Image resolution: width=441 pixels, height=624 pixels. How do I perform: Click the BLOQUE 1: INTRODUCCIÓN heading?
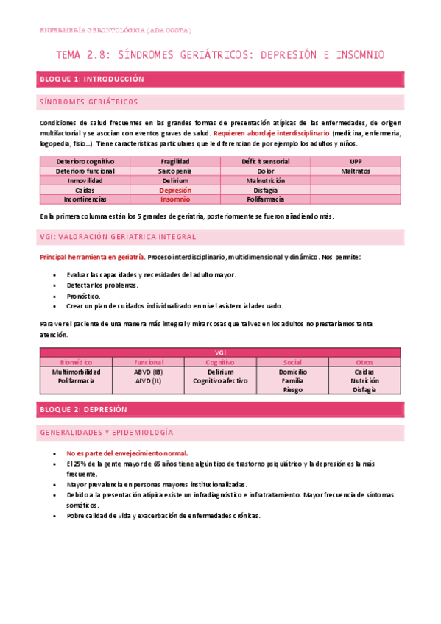coord(91,79)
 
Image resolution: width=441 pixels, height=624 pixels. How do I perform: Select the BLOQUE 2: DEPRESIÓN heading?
coord(82,409)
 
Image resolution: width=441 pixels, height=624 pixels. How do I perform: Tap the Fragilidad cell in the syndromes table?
coord(175,161)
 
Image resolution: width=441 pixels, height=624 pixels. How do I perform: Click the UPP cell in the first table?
coord(356,161)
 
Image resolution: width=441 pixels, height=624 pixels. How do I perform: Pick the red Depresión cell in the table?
coord(175,190)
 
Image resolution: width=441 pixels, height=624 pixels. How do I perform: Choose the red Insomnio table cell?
coord(175,199)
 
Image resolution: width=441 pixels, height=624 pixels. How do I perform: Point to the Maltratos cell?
coord(356,171)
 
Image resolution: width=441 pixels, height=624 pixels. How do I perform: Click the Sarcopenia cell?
coord(175,171)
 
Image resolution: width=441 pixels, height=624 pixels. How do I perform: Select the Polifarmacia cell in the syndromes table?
coord(266,199)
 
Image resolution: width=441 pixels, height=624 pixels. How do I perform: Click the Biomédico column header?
coord(75,362)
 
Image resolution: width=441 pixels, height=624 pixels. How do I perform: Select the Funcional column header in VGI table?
coord(149,362)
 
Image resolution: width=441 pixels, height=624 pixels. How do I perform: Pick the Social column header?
coord(292,362)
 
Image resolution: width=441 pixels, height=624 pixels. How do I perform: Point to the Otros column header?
coord(364,362)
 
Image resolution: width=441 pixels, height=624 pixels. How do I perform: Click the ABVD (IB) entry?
coord(149,372)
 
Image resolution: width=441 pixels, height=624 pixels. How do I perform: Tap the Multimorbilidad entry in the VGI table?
coord(75,372)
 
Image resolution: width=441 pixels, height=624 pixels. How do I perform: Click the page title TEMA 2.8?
coord(220,55)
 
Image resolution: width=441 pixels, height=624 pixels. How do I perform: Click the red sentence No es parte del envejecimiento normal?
coord(127,453)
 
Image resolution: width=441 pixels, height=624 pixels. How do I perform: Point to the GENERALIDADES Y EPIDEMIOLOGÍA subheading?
coord(105,433)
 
